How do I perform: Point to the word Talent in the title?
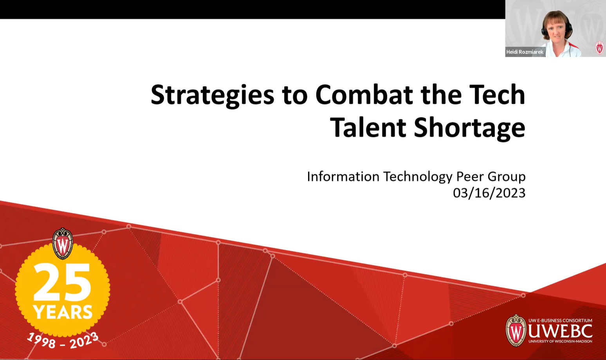(x=368, y=128)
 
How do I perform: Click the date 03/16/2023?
(x=489, y=193)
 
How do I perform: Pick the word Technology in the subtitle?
(x=418, y=176)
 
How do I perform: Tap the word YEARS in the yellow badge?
(x=63, y=312)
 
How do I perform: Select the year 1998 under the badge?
(x=41, y=340)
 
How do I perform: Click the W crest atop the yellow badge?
(x=63, y=244)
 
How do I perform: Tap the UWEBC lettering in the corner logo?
(x=560, y=331)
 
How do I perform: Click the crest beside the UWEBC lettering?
(x=516, y=331)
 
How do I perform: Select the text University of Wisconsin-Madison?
(x=560, y=341)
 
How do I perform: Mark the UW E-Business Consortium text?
(x=560, y=320)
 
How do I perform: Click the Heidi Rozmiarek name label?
(x=525, y=52)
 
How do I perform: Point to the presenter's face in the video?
(x=557, y=29)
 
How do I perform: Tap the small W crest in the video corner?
(x=599, y=48)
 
